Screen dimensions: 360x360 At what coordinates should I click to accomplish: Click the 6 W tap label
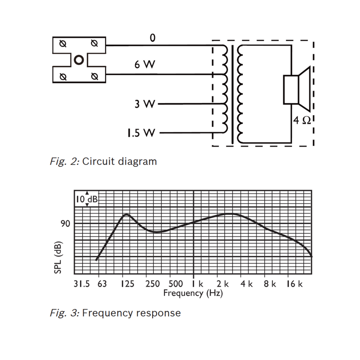[x=144, y=65]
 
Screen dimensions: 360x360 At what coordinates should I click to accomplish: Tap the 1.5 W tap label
[x=141, y=133]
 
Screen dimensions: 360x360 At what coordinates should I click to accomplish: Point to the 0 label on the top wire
[x=152, y=38]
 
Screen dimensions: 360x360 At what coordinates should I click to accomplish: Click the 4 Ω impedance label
[x=302, y=120]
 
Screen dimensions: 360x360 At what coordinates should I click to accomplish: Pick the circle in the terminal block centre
[x=79, y=60]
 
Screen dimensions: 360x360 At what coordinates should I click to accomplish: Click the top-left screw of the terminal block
[x=63, y=44]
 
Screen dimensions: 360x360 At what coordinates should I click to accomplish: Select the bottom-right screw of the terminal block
[x=95, y=76]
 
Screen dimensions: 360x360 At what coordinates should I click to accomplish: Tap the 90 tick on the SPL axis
[x=65, y=224]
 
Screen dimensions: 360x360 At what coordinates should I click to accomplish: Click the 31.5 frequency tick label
[x=82, y=284]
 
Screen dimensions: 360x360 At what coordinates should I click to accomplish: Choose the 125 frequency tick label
[x=127, y=284]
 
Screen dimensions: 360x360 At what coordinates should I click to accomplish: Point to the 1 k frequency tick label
[x=198, y=284]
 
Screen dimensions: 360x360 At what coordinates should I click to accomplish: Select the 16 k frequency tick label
[x=294, y=284]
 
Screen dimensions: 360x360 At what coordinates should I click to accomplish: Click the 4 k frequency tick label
[x=246, y=284]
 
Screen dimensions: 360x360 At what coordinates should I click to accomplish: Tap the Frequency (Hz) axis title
[x=193, y=293]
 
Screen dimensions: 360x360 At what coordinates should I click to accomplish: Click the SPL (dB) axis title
[x=58, y=257]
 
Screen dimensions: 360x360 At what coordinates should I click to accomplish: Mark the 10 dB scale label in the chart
[x=87, y=199]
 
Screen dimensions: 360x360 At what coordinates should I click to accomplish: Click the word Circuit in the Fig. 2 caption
[x=99, y=161]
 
